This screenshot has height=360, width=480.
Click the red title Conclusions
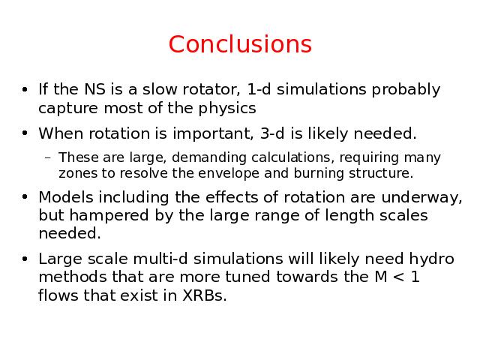pos(240,44)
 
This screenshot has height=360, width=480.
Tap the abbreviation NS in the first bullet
pos(94,89)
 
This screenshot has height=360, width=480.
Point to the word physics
pos(226,109)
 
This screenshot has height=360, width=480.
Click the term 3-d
pos(272,133)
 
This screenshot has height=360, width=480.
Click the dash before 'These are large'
pos(47,158)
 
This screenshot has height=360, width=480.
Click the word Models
pos(66,197)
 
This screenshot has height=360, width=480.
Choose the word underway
pos(421,198)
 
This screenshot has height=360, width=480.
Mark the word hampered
pos(109,216)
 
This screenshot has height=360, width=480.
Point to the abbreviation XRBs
pos(205,295)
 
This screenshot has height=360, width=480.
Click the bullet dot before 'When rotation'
pos(25,133)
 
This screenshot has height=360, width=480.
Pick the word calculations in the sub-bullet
pos(291,157)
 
